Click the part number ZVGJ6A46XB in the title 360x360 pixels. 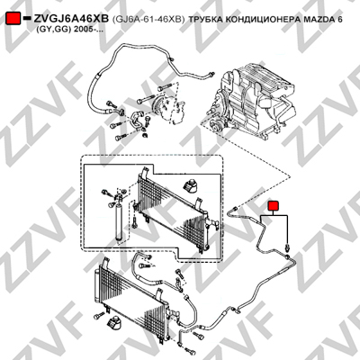click(71, 19)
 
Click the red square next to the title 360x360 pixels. click(13, 18)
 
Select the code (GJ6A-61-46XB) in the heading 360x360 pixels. click(148, 20)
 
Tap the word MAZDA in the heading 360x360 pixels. click(317, 19)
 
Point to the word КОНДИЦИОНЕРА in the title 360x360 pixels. click(261, 20)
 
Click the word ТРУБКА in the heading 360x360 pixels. click(205, 19)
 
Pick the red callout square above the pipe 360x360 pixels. click(274, 206)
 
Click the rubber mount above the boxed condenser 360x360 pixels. click(191, 186)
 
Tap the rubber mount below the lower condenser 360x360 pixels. click(114, 323)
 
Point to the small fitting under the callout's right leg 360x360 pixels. click(288, 247)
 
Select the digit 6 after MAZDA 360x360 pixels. click(339, 19)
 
